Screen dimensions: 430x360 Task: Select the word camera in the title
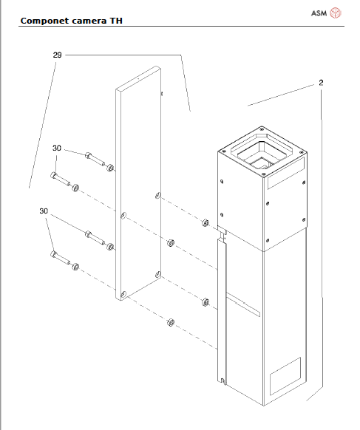coord(92,21)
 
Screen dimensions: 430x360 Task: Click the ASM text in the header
coord(319,13)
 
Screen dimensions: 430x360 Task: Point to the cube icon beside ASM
coord(336,13)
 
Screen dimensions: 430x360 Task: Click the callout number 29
coord(57,55)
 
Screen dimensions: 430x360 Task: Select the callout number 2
coord(321,83)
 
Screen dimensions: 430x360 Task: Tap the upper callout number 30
coord(57,149)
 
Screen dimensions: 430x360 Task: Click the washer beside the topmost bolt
coord(109,168)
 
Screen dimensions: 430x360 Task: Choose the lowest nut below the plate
coord(170,322)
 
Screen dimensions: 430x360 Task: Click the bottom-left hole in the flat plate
coord(123,293)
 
